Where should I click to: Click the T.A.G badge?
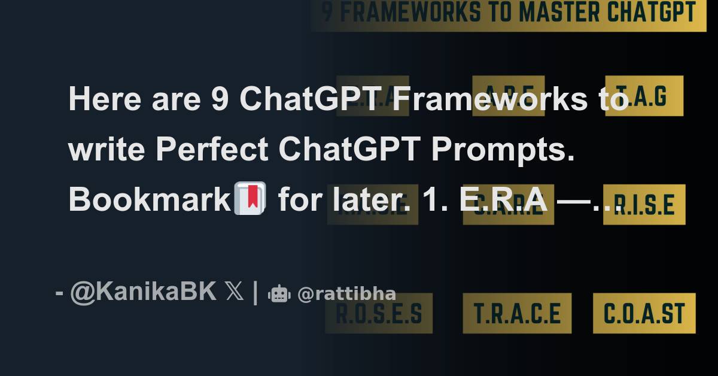click(644, 96)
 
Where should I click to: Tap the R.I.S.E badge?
click(644, 205)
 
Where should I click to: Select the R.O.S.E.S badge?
click(378, 313)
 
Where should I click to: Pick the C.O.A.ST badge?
click(644, 313)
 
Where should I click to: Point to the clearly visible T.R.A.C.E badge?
click(517, 313)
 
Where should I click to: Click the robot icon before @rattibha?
click(279, 293)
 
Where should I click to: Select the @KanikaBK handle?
click(144, 292)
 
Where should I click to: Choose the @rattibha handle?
click(346, 294)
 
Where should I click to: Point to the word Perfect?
click(212, 150)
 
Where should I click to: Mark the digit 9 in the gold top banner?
click(327, 13)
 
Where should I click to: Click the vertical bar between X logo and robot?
click(255, 293)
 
